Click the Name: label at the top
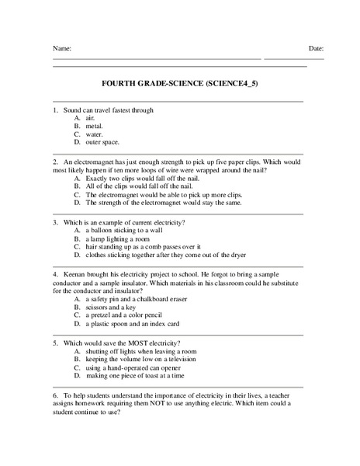62,48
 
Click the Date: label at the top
316,48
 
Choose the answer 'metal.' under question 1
94,125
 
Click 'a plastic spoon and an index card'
133,324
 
